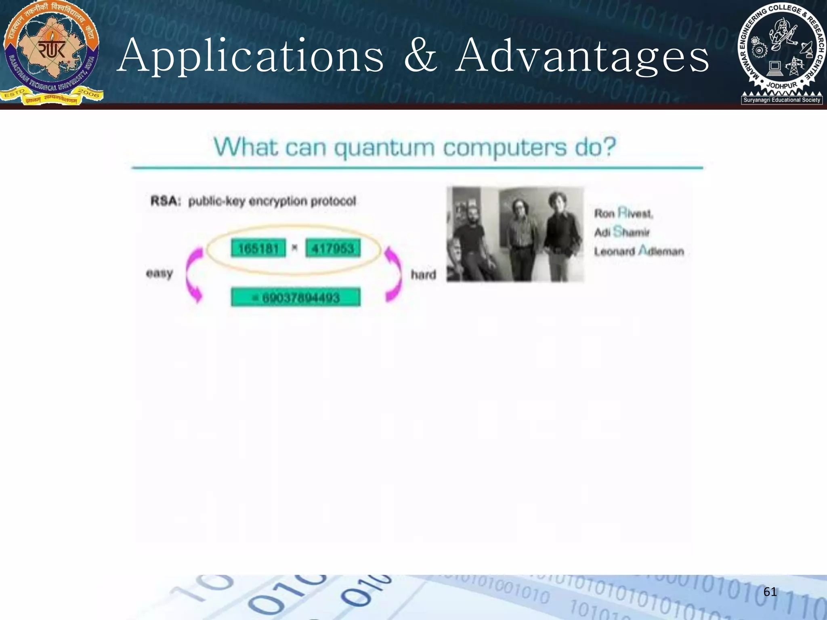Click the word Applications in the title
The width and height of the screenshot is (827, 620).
pyautogui.click(x=250, y=57)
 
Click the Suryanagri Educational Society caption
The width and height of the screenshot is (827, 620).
pyautogui.click(x=782, y=100)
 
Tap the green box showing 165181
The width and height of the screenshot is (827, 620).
pyautogui.click(x=258, y=248)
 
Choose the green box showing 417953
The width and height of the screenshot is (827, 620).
pyautogui.click(x=333, y=248)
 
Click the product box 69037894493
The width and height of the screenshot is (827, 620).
pyautogui.click(x=296, y=298)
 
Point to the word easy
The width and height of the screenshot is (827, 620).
pyautogui.click(x=159, y=274)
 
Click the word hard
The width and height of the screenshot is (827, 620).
pyautogui.click(x=423, y=275)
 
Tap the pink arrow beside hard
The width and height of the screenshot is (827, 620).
pyautogui.click(x=393, y=274)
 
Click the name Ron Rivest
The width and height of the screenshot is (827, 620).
pyautogui.click(x=623, y=213)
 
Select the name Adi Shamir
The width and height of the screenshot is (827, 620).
pyautogui.click(x=622, y=232)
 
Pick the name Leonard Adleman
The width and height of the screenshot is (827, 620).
pyautogui.click(x=639, y=251)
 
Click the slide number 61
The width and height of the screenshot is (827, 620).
pyautogui.click(x=770, y=592)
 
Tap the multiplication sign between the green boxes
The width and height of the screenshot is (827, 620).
pyautogui.click(x=295, y=248)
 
